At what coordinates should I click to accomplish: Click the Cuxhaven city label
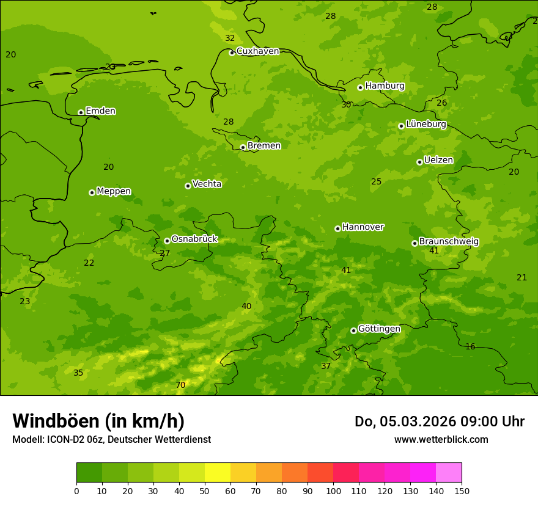[x=257, y=51]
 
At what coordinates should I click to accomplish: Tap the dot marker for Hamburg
[x=360, y=87]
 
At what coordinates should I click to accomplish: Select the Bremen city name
[x=263, y=146]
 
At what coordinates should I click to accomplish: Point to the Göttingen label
[x=379, y=329]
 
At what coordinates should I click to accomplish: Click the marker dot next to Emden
[x=81, y=112]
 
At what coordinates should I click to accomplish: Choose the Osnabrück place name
[x=194, y=239]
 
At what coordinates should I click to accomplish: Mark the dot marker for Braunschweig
[x=415, y=243]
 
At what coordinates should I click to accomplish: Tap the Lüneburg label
[x=426, y=125]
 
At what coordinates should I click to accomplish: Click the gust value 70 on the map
[x=180, y=385]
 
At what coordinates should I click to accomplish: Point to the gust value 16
[x=470, y=347]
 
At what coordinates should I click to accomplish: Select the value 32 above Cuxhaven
[x=230, y=38]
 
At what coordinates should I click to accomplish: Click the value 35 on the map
[x=78, y=373]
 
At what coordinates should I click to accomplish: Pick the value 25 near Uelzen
[x=377, y=182]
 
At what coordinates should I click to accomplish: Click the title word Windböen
[x=56, y=421]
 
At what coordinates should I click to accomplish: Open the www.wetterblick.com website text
[x=441, y=440]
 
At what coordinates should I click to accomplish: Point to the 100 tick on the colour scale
[x=333, y=491]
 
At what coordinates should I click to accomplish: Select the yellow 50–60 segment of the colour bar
[x=218, y=473]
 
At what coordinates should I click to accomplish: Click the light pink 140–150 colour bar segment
[x=449, y=473]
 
